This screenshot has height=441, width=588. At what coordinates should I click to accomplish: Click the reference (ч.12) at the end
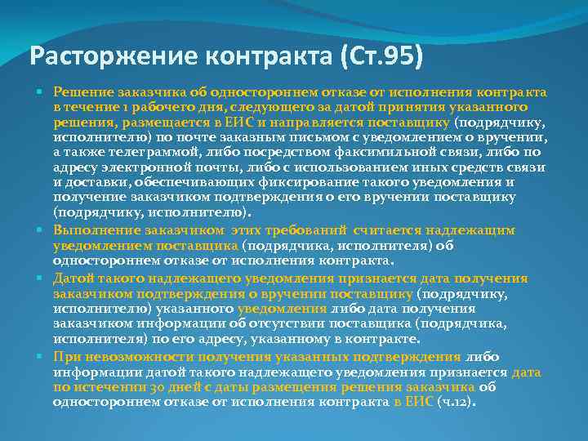point(455,403)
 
